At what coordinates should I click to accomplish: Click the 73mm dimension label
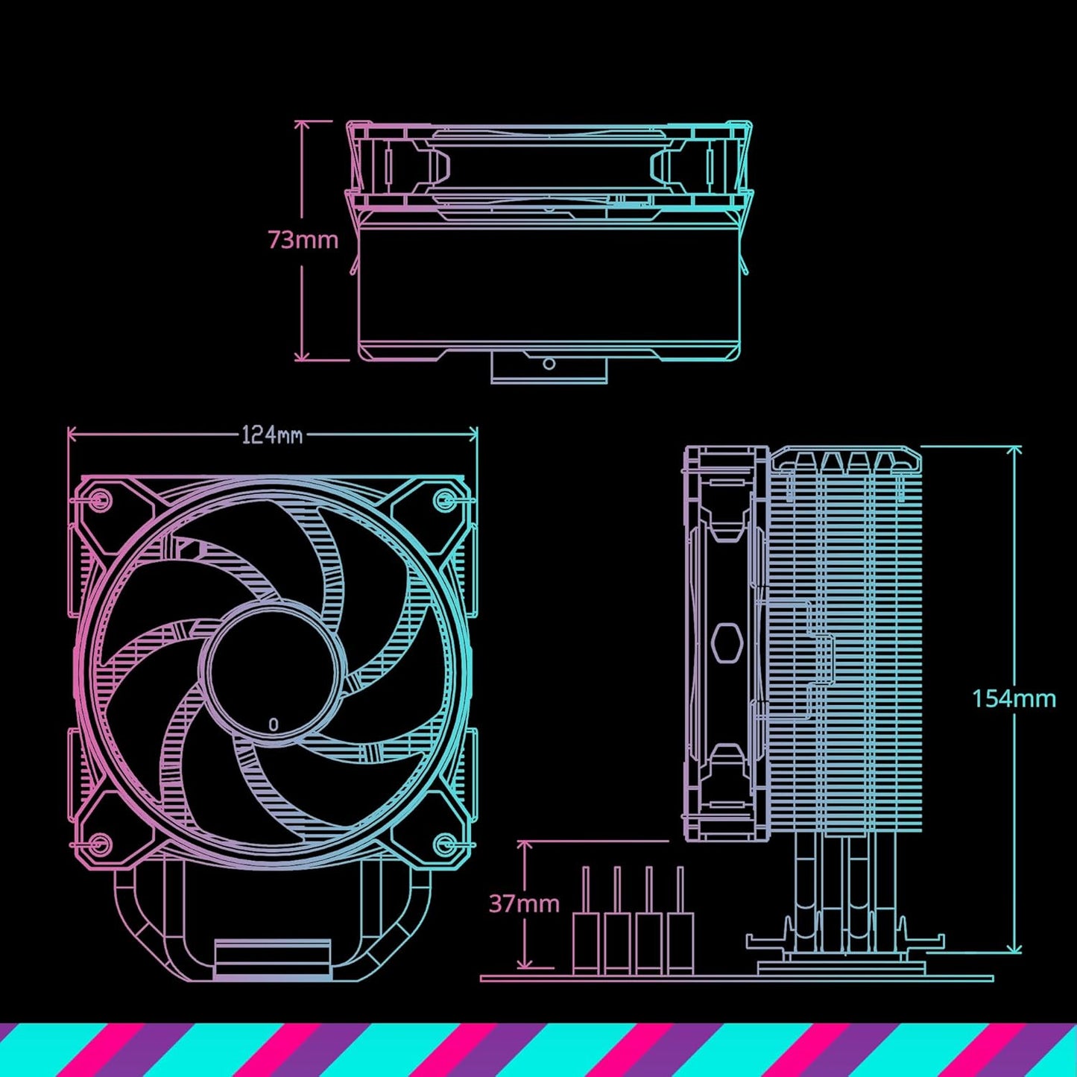click(303, 240)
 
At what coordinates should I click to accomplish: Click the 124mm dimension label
click(272, 435)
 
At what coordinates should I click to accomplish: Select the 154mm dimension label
click(1014, 698)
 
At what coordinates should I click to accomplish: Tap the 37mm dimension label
click(524, 903)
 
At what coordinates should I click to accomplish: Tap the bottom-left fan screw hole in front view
click(100, 844)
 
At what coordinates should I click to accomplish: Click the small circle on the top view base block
click(549, 364)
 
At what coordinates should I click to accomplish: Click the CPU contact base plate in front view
click(272, 959)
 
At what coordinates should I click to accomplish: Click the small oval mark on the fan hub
click(274, 724)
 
